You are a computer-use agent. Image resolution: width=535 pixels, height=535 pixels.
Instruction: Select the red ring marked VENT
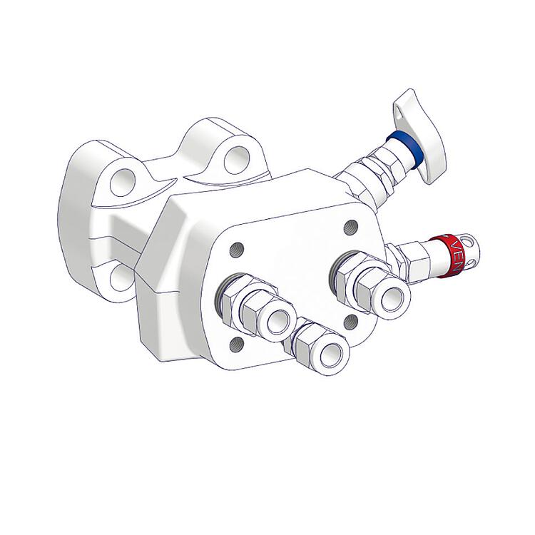click(449, 254)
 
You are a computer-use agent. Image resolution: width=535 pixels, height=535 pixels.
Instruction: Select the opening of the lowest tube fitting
click(331, 354)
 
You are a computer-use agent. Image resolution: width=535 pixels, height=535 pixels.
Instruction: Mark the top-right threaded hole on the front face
click(350, 227)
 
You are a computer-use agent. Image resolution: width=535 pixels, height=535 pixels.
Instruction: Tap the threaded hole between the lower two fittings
click(349, 322)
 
